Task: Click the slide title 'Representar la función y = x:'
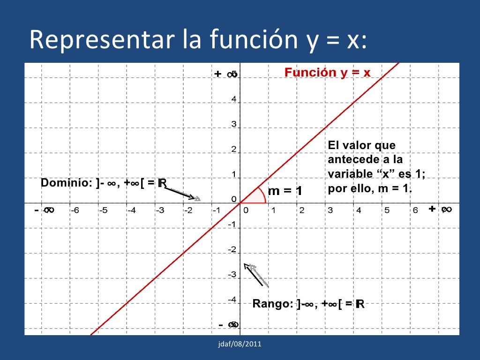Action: pos(197,40)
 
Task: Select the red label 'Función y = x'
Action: pos(327,73)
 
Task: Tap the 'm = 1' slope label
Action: pos(284,191)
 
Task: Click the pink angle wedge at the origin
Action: pos(255,197)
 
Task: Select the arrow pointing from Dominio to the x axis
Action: pos(182,194)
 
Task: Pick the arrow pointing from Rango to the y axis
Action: pos(256,275)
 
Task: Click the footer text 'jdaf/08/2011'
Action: pos(240,345)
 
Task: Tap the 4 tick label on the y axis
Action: pos(233,100)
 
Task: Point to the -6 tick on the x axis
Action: pos(75,210)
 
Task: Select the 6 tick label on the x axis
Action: pos(415,210)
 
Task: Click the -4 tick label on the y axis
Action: pos(232,299)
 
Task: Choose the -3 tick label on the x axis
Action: pos(160,210)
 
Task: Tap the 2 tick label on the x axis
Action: pos(302,210)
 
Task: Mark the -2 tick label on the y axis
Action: pos(232,249)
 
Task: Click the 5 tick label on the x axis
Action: pos(387,210)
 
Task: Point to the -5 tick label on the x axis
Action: pos(103,210)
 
